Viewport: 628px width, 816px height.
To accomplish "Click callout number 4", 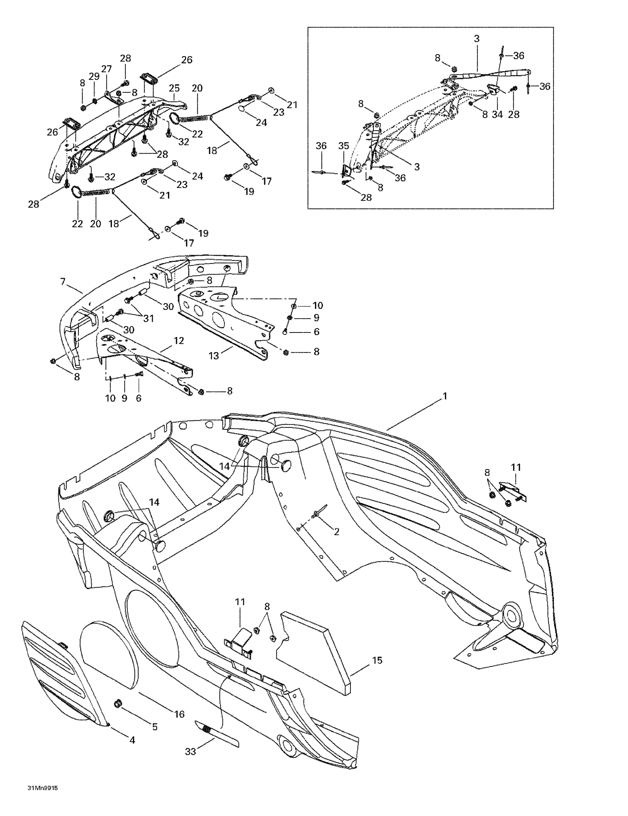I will (132, 739).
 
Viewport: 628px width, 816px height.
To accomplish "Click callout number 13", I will (214, 355).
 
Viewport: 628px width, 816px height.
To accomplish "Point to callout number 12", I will (179, 340).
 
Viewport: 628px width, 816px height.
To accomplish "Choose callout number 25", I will (174, 88).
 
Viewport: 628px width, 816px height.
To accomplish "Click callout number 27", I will (107, 69).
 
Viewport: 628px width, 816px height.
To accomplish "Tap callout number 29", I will (94, 76).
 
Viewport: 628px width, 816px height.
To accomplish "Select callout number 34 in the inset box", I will (497, 114).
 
